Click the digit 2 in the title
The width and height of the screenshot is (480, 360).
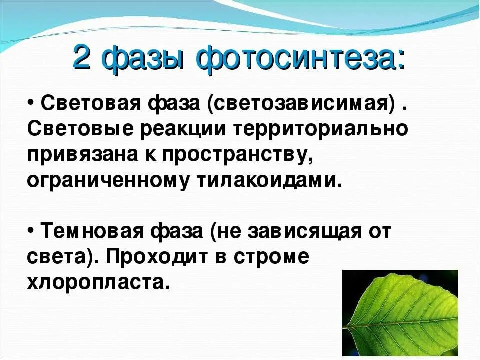tap(82, 59)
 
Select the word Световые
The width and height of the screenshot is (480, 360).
tap(79, 129)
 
